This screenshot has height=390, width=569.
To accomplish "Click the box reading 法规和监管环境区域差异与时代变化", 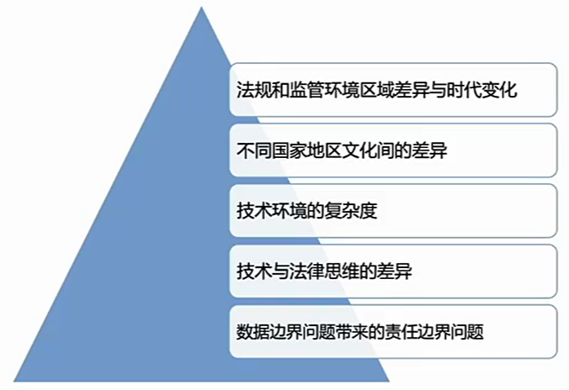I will click(392, 89).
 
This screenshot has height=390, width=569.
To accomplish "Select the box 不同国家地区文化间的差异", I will click(392, 150).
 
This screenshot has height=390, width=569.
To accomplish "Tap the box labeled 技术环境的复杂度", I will click(392, 210).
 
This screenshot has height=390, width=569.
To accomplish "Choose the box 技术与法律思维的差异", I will click(392, 271).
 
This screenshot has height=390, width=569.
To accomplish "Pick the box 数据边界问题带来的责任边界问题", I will click(392, 331).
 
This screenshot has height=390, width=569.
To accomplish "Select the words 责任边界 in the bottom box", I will click(426, 332).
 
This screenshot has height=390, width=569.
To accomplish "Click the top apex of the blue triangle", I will click(203, 8).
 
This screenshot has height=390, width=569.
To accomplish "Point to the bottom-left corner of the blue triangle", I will click(15, 381).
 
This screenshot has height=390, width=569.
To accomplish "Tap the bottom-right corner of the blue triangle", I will click(389, 381).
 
